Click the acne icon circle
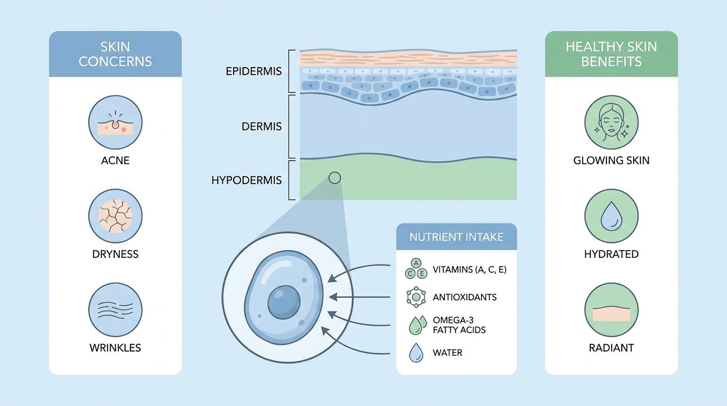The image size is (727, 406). (x=115, y=123)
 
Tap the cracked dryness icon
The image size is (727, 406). (x=115, y=216)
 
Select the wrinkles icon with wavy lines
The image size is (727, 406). (x=115, y=310)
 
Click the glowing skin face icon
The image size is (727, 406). (x=611, y=123)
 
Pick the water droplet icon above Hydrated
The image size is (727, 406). (x=611, y=216)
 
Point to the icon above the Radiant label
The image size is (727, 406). (x=611, y=310)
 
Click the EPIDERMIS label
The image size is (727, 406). (x=254, y=71)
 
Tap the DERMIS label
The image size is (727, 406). (x=262, y=126)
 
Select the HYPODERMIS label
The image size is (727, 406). (x=246, y=180)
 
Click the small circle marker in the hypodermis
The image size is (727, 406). (x=334, y=178)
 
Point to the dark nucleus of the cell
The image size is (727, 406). (x=284, y=302)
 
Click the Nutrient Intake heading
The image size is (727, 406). (x=456, y=237)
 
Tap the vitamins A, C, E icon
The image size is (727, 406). (x=416, y=269)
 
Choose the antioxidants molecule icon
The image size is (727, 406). (x=416, y=297)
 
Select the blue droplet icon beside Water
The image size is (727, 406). (x=416, y=353)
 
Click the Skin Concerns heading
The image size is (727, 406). (x=115, y=54)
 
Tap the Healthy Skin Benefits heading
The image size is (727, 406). (x=611, y=54)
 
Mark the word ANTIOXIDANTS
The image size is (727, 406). (x=465, y=297)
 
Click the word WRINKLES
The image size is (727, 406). (x=115, y=348)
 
